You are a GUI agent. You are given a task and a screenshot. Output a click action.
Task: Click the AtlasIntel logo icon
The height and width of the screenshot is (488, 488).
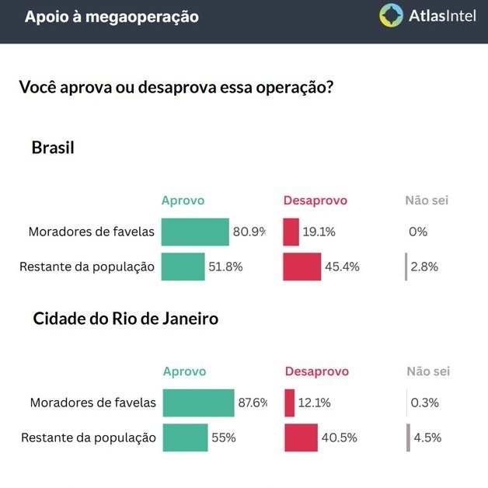pos(391,16)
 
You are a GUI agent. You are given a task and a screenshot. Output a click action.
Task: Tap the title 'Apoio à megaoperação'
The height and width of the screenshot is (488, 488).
pos(111,16)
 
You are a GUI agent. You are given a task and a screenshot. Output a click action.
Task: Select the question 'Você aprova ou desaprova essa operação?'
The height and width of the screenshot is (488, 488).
pos(176,87)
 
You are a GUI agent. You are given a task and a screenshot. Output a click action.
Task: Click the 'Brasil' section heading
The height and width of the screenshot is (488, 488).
pos(53,147)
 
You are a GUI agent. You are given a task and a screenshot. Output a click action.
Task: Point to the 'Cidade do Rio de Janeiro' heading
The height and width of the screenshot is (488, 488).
pos(126,319)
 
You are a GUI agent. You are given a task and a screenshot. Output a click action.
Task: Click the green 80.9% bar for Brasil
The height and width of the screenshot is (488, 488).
pos(195,232)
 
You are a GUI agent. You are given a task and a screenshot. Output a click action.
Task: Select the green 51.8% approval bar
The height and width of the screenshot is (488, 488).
pos(183,267)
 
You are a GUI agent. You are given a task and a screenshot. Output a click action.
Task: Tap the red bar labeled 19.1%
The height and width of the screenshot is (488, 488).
pos(291,232)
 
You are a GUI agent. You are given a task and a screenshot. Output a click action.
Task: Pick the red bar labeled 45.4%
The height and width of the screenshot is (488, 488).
pos(302,267)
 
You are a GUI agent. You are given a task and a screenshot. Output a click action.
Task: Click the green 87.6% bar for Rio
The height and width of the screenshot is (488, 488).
pos(198,403)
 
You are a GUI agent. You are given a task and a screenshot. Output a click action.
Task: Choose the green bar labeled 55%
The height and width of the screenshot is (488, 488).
pos(185,437)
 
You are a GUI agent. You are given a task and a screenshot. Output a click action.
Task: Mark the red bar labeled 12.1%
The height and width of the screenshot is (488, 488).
pos(290,403)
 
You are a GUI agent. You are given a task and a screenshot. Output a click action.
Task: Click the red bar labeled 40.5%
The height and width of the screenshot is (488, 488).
pos(302,437)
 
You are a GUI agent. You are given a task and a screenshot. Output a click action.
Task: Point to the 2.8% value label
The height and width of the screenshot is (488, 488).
pos(425,267)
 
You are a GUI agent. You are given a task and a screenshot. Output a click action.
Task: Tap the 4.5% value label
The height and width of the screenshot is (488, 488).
pos(427,437)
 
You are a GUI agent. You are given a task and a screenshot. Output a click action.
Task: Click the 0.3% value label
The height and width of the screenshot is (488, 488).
pos(425,403)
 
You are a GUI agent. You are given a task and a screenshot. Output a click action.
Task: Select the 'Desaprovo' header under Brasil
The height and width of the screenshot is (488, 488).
pos(315,200)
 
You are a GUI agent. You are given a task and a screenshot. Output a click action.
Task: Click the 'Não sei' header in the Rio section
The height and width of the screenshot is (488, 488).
pos(428,371)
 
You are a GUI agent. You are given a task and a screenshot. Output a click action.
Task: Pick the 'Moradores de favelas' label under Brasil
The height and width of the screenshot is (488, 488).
pos(92,232)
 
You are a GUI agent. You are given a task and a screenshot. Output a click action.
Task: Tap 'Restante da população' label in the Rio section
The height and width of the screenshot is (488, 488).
pos(89,437)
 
